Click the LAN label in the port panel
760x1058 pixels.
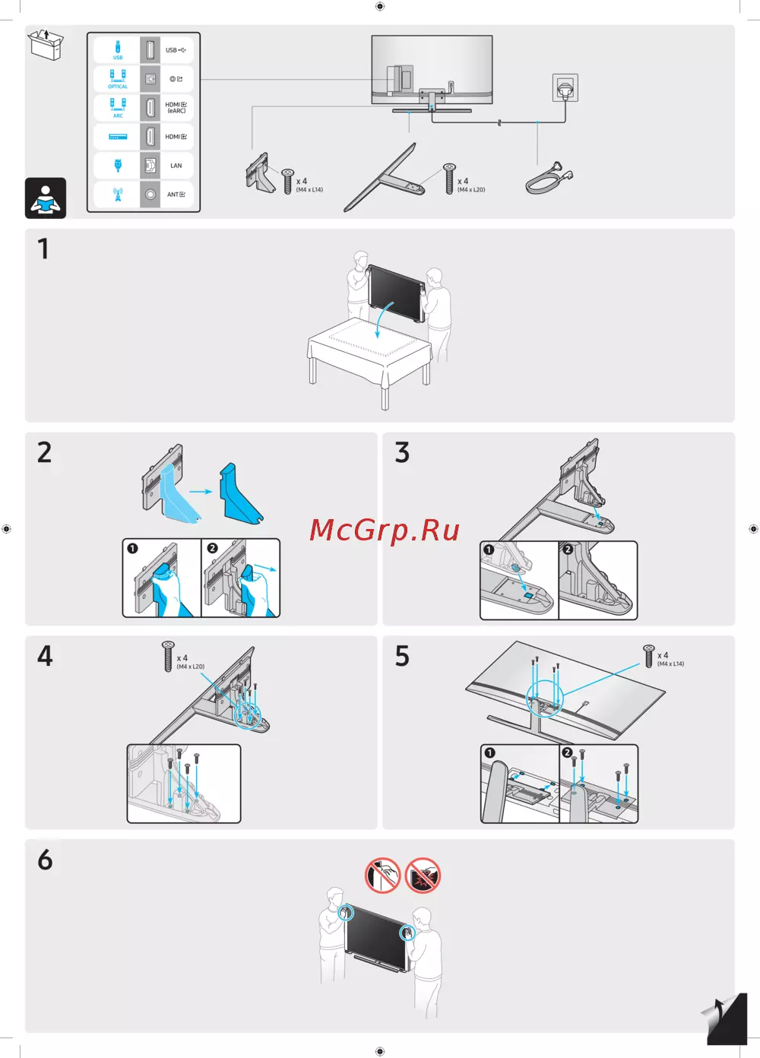click(176, 166)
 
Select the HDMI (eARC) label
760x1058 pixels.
click(176, 108)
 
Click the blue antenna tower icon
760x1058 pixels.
click(118, 194)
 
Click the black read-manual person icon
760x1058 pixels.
click(46, 198)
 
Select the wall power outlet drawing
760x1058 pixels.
click(565, 87)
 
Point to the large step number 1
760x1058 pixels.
click(43, 249)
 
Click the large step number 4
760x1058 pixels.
click(45, 656)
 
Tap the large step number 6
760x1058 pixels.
click(45, 860)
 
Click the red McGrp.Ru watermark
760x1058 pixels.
click(384, 531)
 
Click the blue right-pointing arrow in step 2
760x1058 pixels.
click(201, 492)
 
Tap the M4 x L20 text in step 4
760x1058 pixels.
click(190, 667)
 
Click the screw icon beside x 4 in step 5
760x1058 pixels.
click(649, 656)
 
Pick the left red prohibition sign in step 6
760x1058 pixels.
click(382, 876)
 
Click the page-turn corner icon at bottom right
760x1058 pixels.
click(725, 1018)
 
